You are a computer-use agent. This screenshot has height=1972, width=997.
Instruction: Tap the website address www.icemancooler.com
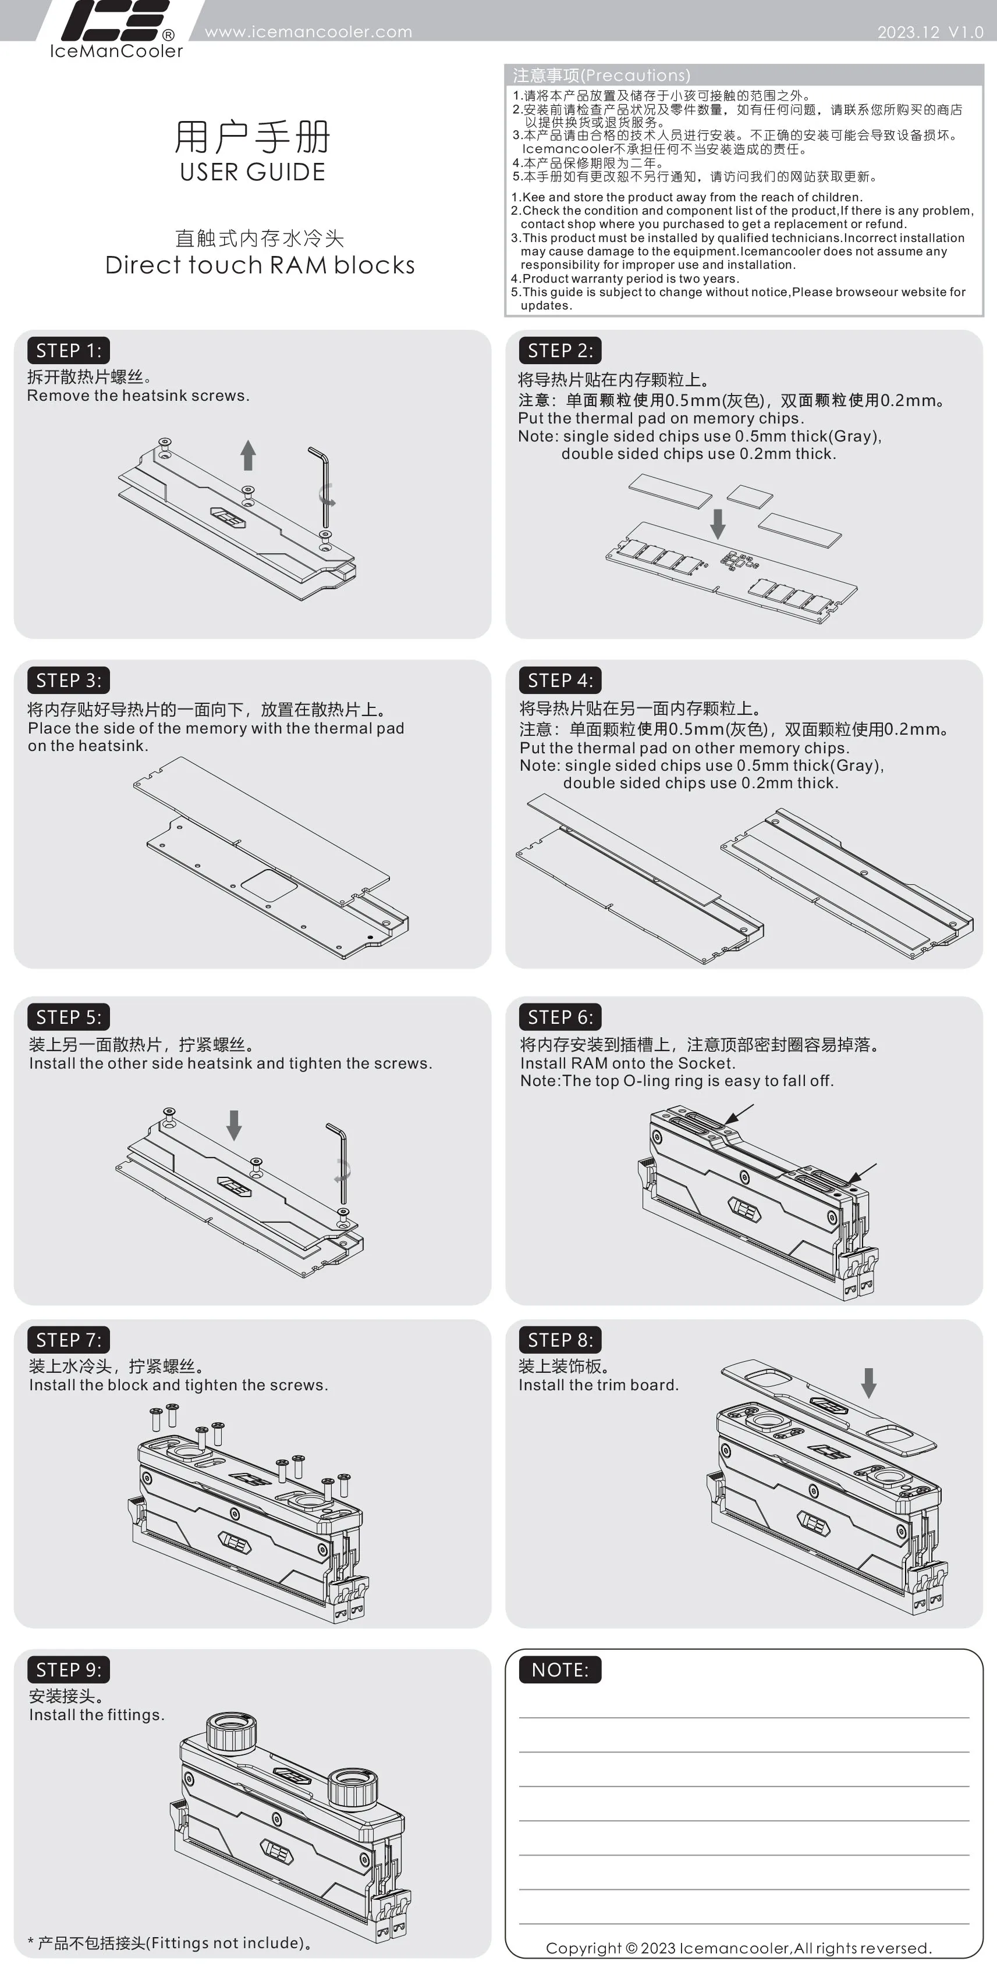[x=308, y=32]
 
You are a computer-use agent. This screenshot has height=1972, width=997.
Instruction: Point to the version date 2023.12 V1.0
[x=931, y=32]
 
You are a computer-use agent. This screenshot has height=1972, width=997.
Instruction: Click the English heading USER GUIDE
[x=253, y=172]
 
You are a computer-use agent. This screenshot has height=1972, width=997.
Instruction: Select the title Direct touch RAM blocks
[x=260, y=265]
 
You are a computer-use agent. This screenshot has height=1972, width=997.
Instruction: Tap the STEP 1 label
[x=69, y=351]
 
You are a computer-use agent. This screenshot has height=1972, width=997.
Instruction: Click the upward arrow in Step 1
[x=247, y=455]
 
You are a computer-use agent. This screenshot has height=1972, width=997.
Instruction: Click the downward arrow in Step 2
[x=718, y=524]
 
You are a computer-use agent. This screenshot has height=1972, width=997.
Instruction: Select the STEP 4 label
[x=560, y=681]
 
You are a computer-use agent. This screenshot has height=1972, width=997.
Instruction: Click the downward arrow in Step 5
[x=235, y=1126]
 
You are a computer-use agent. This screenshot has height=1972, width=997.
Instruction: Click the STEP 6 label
[x=560, y=1017]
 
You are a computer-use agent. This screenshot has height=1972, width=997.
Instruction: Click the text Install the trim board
[x=599, y=1385]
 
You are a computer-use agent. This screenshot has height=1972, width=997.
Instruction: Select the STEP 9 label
[x=69, y=1670]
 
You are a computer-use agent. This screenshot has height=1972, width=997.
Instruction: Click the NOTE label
[x=560, y=1670]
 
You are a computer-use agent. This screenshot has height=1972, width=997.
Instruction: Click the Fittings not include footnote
[x=169, y=1943]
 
